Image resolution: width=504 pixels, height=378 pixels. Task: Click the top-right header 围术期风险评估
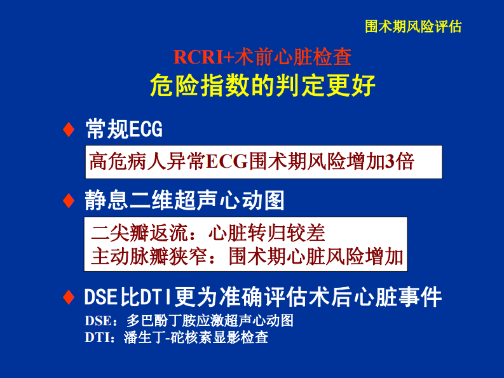(x=413, y=27)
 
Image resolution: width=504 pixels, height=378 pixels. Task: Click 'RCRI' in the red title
(x=196, y=57)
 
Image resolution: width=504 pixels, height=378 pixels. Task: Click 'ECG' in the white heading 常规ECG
(x=146, y=130)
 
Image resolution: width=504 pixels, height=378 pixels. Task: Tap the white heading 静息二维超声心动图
(x=184, y=201)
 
